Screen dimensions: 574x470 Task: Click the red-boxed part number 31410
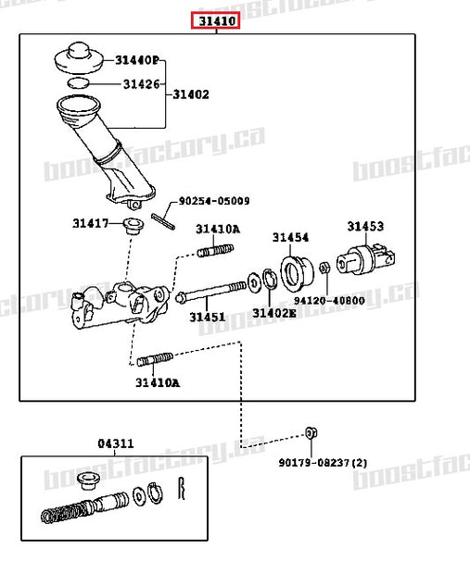click(x=215, y=19)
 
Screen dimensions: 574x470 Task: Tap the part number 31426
click(x=142, y=84)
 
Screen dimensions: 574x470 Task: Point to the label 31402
click(x=190, y=94)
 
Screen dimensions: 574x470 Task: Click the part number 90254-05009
click(x=213, y=200)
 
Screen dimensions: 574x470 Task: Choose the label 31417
click(x=91, y=223)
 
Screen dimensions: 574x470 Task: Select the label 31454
click(x=290, y=237)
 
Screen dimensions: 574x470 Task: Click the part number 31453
click(x=366, y=226)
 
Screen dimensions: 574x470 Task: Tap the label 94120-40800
click(x=329, y=300)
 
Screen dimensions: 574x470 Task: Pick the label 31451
click(x=208, y=317)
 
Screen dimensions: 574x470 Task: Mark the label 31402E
click(x=273, y=313)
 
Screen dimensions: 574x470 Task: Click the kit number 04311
click(x=116, y=443)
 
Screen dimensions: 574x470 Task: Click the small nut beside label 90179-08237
click(x=311, y=433)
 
